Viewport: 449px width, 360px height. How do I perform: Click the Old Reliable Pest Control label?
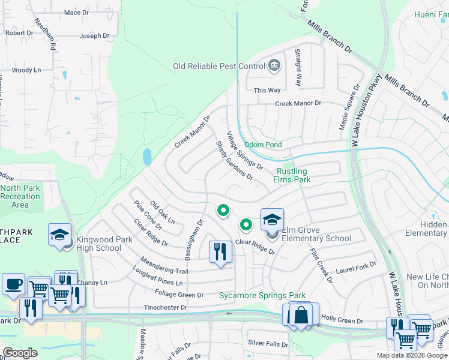click(218, 66)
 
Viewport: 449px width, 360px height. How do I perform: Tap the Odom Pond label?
click(262, 145)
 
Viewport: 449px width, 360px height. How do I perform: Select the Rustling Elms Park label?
click(292, 175)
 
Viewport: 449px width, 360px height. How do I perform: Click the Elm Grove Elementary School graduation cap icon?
click(272, 220)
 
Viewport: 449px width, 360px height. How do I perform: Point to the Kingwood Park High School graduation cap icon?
click(60, 235)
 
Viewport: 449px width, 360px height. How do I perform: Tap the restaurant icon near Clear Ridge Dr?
click(220, 251)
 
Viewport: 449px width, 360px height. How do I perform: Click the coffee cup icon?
click(13, 284)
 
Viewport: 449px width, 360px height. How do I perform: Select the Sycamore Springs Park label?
click(262, 295)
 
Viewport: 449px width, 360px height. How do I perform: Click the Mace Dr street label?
click(76, 13)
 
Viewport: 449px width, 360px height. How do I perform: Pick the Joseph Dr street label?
click(95, 36)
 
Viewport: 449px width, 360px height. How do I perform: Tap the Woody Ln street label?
click(26, 70)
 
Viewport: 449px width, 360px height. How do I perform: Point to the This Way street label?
click(267, 90)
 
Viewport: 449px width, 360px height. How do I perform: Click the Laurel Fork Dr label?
click(356, 263)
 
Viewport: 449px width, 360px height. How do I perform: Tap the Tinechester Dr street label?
click(165, 308)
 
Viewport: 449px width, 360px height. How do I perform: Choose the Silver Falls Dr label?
click(268, 344)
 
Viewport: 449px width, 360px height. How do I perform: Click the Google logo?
click(20, 353)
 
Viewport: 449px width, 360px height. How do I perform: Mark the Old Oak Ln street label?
click(162, 212)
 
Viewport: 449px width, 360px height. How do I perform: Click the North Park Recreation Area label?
click(20, 196)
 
